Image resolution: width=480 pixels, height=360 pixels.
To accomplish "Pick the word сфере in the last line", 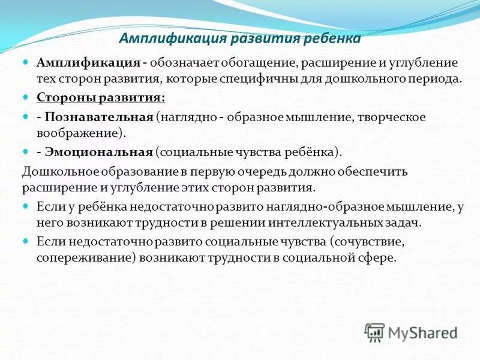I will [x=379, y=258].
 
